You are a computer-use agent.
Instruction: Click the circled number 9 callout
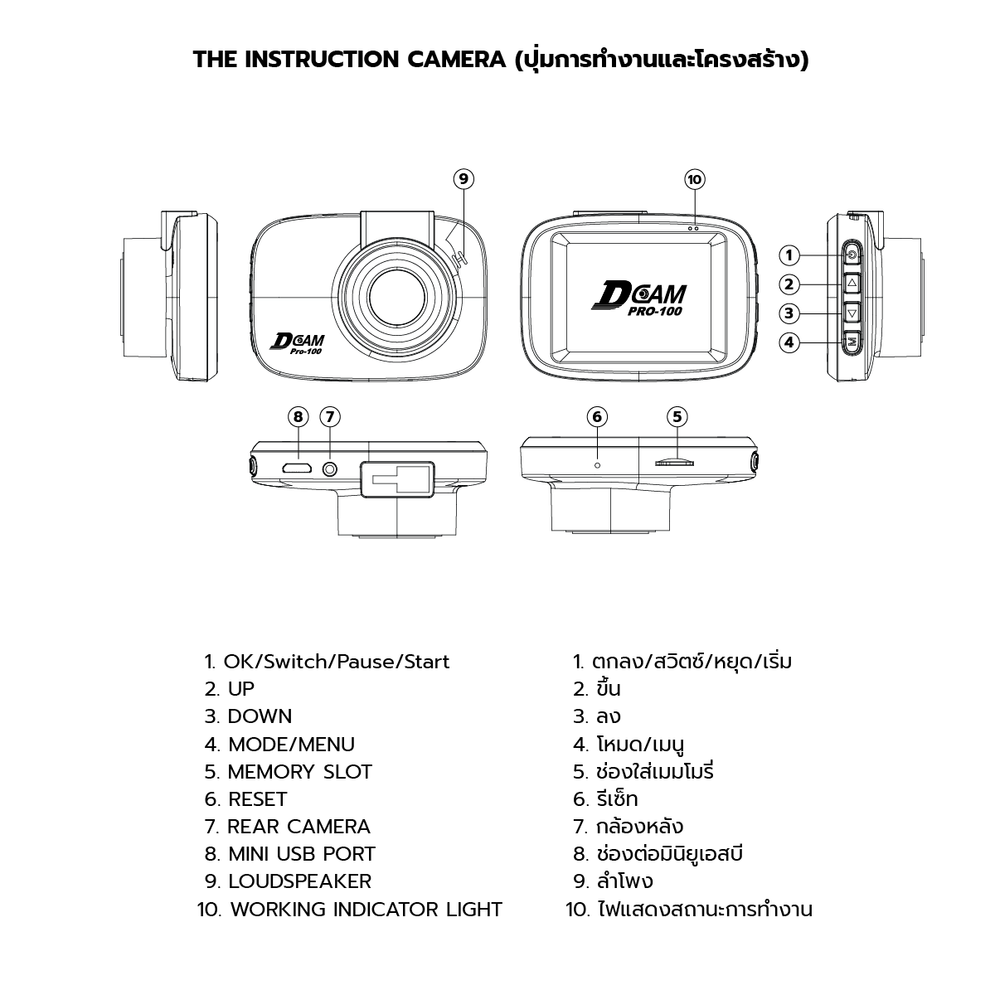464,178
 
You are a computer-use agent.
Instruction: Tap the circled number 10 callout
695,179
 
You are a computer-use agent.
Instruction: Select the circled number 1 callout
789,255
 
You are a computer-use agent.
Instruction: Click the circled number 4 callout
789,342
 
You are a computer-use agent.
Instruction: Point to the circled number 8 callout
298,417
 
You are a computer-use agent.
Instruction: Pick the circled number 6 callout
597,417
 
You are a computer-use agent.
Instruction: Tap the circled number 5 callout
677,417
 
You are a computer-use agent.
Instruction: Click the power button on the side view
852,255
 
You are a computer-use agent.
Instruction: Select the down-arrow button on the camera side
852,313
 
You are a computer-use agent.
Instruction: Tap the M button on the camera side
852,341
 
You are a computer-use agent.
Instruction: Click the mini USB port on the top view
296,468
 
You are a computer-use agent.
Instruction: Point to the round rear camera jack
330,468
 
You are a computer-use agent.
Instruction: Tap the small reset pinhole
598,465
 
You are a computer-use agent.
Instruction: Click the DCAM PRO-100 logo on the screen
640,298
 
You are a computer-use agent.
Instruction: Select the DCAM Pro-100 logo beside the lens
298,344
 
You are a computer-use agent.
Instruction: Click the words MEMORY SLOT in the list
299,772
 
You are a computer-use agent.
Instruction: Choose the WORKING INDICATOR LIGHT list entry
350,910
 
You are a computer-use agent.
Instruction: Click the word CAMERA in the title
457,60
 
